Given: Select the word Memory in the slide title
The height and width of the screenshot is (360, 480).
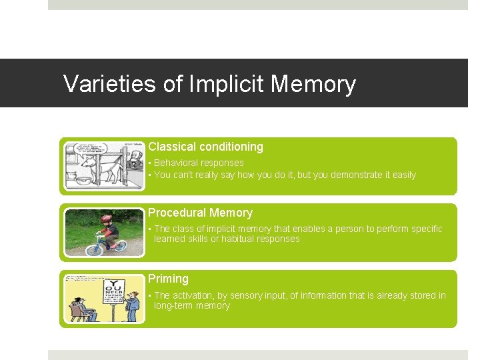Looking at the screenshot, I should (x=313, y=85).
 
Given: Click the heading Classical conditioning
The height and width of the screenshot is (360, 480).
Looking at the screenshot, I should (x=205, y=147).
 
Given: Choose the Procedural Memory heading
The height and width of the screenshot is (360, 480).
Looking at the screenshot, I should (x=200, y=213).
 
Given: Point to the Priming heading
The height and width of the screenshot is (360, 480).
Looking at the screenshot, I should (x=168, y=279).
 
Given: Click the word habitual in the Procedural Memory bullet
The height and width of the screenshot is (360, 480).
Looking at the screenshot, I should (x=233, y=239).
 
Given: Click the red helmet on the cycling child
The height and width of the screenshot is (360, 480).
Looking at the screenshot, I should (x=106, y=219).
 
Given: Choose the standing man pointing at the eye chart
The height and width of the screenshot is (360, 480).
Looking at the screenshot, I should (x=132, y=307).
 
